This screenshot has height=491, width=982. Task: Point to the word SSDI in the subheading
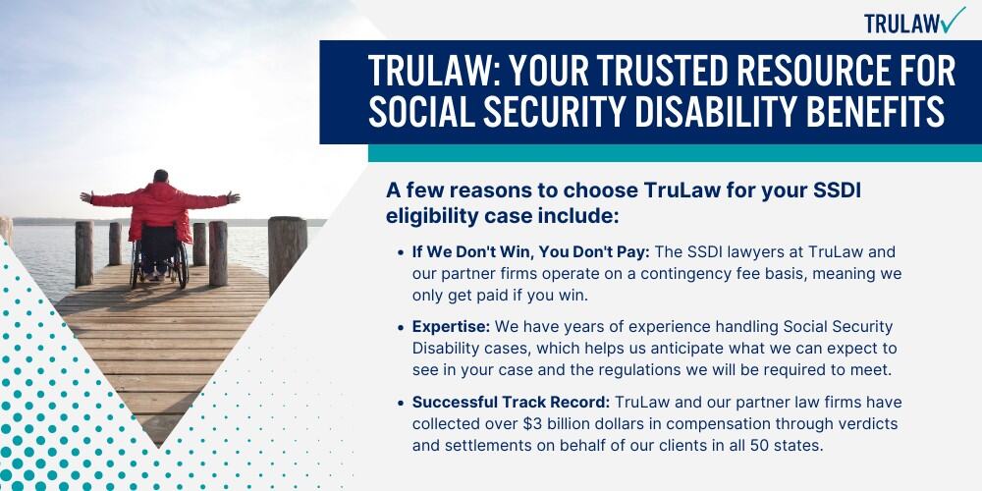(x=838, y=191)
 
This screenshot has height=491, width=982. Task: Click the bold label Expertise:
(x=452, y=327)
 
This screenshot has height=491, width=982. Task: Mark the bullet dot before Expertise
(x=402, y=328)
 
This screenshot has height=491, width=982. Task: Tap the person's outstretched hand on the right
(x=234, y=197)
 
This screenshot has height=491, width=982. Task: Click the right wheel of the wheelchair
(x=183, y=264)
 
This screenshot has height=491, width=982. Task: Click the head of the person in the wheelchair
(x=161, y=177)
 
